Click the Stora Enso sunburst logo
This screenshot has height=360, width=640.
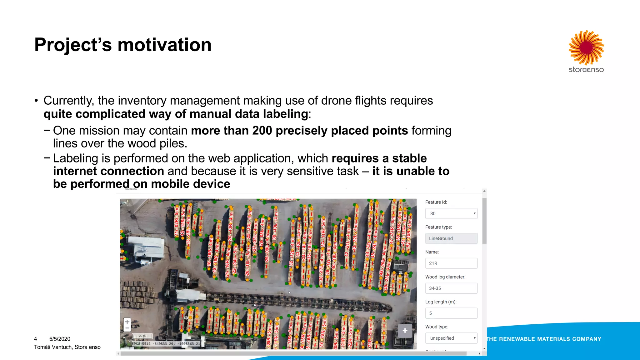coord(586,47)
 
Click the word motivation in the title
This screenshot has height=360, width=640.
coord(164,45)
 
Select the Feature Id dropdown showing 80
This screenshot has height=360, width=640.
coord(451,213)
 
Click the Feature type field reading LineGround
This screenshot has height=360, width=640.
coord(451,238)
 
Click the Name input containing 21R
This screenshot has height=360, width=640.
coord(451,263)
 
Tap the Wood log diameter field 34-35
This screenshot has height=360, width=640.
coord(451,288)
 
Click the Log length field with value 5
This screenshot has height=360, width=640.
coord(451,313)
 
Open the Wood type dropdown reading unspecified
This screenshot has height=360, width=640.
coord(451,338)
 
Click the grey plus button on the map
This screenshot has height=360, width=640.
coord(405,331)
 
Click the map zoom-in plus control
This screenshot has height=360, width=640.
coord(127,322)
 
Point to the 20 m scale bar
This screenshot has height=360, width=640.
coord(142,336)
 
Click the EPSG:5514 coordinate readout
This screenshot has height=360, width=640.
coord(166,344)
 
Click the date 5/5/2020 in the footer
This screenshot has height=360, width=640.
coord(60,339)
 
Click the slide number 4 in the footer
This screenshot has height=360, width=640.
coord(35,339)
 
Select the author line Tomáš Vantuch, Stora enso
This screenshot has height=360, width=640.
coord(67,347)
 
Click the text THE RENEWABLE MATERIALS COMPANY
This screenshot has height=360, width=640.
coord(544,339)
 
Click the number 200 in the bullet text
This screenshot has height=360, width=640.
coord(262,131)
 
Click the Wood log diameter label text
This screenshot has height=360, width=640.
coord(445,277)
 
